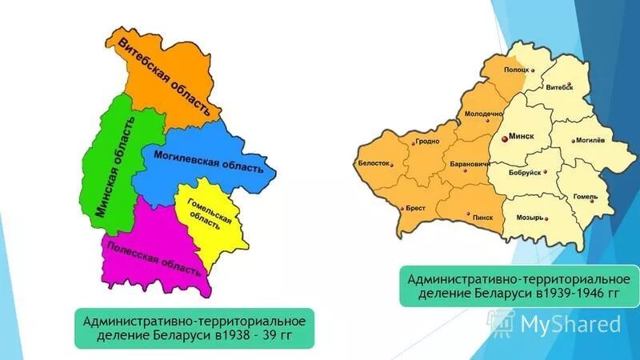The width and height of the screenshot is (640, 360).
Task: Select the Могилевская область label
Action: tap(208, 160)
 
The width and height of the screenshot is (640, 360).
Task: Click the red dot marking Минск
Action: tap(504, 138)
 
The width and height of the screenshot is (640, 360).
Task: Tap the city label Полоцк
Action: tap(516, 70)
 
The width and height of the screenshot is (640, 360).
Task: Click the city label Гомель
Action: tap(586, 196)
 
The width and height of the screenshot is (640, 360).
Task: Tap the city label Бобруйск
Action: tap(525, 172)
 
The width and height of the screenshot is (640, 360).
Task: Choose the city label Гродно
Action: tap(426, 143)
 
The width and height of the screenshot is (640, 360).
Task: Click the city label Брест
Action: tap(415, 206)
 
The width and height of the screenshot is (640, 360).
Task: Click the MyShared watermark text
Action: tap(570, 323)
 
